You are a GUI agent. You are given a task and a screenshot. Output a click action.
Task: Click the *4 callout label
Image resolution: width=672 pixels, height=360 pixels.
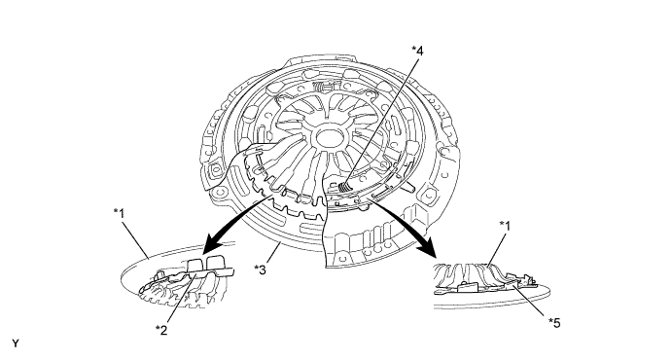click(x=417, y=51)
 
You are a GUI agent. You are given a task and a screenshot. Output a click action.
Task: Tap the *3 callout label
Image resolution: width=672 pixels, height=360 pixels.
click(x=260, y=270)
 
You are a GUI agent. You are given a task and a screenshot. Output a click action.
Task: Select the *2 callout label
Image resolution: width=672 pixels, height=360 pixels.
click(x=161, y=330)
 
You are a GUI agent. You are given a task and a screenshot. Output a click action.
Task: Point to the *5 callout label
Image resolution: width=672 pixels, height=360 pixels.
click(x=554, y=323)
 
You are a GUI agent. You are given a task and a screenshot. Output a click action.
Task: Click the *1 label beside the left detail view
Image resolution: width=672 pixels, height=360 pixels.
click(x=120, y=213)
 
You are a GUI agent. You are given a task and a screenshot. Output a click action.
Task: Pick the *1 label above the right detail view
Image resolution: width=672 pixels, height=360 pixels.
click(x=505, y=226)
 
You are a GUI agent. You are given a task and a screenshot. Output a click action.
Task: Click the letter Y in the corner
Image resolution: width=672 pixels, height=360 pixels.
click(x=16, y=343)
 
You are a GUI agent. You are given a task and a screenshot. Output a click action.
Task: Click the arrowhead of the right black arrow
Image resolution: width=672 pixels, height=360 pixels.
click(x=428, y=251)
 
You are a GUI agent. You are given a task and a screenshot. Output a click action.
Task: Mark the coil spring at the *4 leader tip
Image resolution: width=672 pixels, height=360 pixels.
click(x=343, y=187)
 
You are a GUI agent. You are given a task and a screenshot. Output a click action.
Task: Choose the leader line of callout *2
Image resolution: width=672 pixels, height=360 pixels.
click(x=181, y=299)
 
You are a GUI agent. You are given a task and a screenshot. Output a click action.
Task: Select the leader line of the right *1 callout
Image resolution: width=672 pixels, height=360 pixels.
click(x=496, y=249)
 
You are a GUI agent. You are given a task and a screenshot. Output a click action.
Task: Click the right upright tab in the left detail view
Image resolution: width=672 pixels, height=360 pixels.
click(x=216, y=264)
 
